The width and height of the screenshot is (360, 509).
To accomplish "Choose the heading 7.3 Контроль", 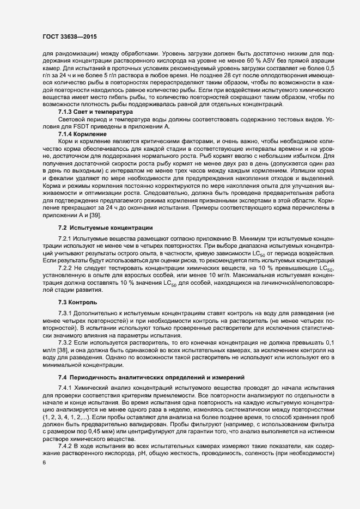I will click(77, 302).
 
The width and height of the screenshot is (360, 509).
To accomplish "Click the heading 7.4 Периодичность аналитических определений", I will click(141, 377).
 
